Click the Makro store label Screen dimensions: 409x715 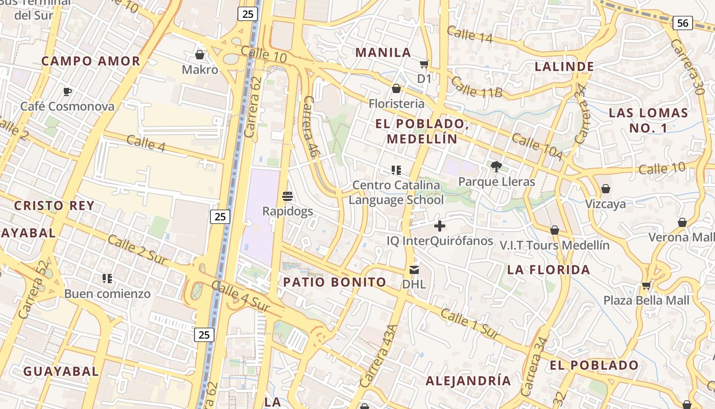[200, 70]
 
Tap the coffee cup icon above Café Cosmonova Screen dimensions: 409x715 [67, 92]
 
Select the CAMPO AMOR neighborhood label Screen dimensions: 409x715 [90, 61]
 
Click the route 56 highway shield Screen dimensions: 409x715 [682, 22]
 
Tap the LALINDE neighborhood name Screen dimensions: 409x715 [564, 66]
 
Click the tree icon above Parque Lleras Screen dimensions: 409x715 [496, 166]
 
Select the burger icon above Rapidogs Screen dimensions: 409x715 [288, 196]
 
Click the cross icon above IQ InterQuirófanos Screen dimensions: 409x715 [439, 225]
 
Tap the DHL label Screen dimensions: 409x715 [414, 284]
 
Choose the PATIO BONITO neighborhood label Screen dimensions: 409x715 [335, 282]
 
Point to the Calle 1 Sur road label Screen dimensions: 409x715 [469, 324]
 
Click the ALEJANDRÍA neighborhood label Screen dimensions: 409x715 [468, 381]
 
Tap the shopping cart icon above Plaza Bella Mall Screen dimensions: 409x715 [646, 285]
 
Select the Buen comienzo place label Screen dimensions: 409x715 [107, 294]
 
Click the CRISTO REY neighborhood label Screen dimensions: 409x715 [54, 206]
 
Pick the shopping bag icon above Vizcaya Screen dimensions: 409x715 [605, 189]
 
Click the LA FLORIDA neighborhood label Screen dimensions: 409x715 [549, 270]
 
